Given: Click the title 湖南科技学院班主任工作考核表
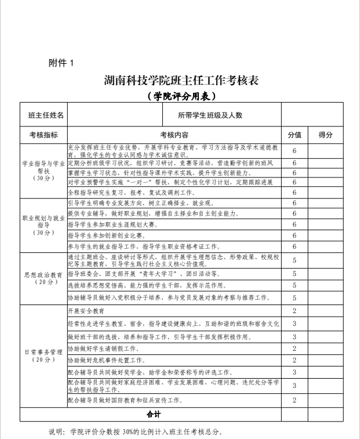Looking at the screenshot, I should [x=181, y=81].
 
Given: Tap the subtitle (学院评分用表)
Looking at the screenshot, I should [x=181, y=95].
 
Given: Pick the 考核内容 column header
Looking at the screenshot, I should [x=174, y=135].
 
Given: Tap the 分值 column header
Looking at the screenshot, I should [x=294, y=135].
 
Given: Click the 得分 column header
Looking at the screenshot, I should [x=326, y=135].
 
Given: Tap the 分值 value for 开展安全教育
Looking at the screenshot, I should [x=294, y=311].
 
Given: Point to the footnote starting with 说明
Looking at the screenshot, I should [x=136, y=431].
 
